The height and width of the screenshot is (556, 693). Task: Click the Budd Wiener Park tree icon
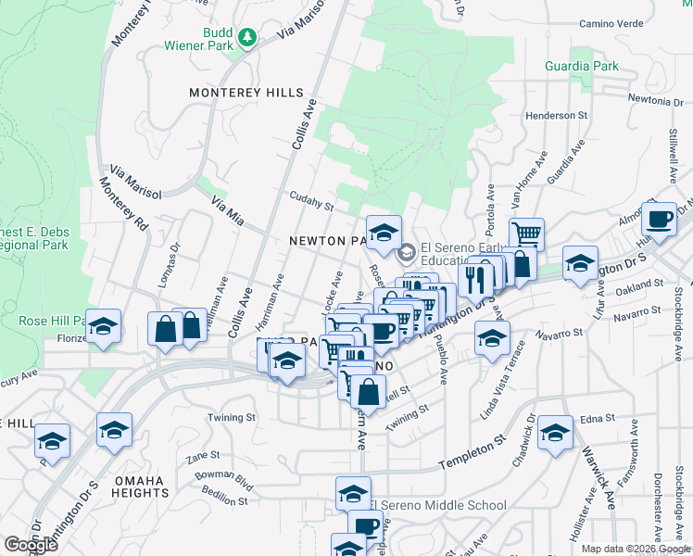pyautogui.click(x=246, y=37)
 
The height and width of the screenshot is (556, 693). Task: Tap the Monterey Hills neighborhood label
pyautogui.click(x=246, y=93)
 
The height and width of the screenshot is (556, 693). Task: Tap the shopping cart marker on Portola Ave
pyautogui.click(x=526, y=234)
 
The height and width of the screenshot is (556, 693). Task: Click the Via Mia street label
pyautogui.click(x=227, y=212)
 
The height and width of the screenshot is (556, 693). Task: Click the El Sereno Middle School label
pyautogui.click(x=438, y=505)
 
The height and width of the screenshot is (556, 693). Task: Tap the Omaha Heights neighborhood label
pyautogui.click(x=141, y=486)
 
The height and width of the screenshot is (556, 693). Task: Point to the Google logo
pyautogui.click(x=31, y=545)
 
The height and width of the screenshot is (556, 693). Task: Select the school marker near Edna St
pyautogui.click(x=555, y=433)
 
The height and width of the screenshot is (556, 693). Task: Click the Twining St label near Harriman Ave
pyautogui.click(x=231, y=418)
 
